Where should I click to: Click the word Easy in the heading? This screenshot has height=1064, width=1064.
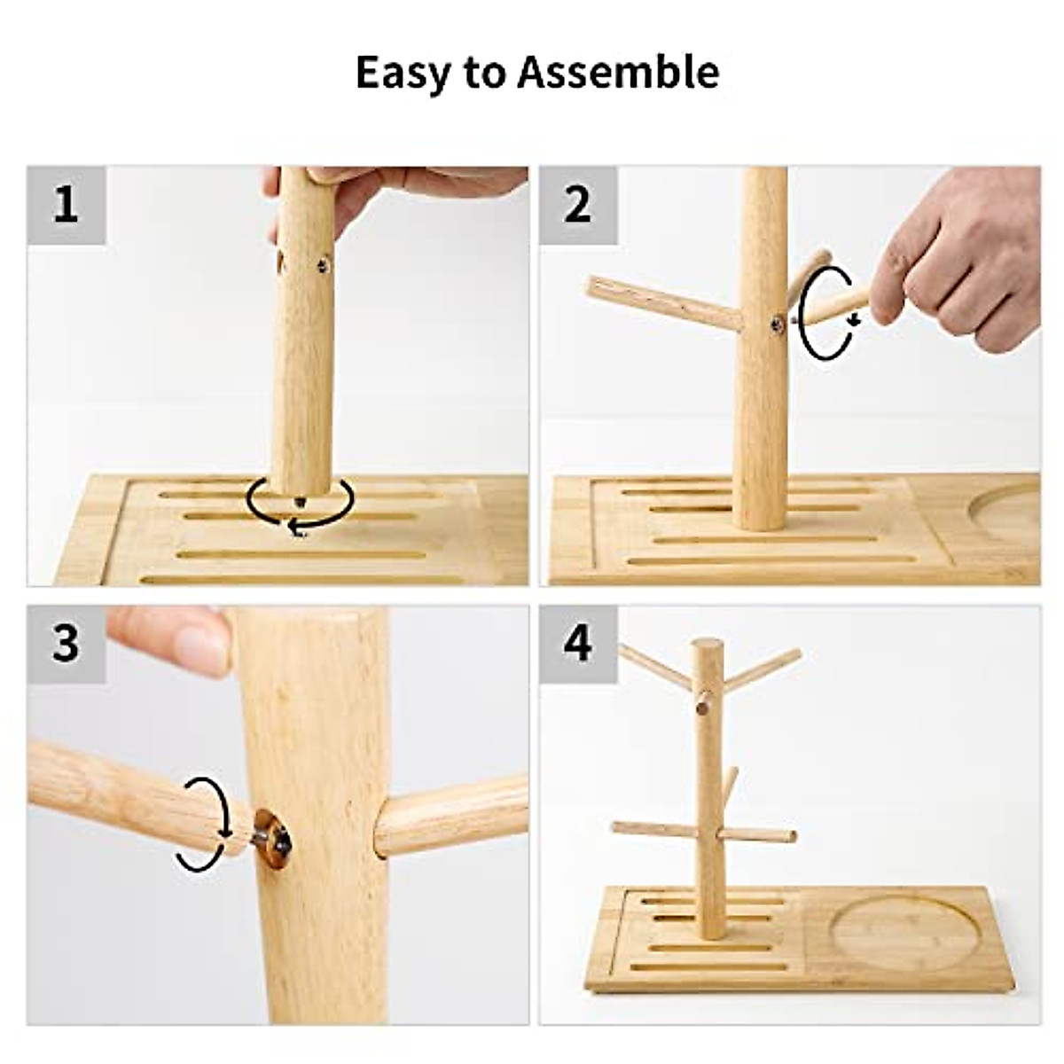point(402,73)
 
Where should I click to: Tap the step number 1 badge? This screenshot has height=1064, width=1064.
point(66,205)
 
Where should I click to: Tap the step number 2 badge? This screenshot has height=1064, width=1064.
point(578,205)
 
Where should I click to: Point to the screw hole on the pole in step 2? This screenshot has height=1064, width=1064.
point(777,325)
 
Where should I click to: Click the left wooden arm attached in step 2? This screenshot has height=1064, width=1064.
point(661,301)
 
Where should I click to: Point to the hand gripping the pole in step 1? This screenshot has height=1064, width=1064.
point(399,182)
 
